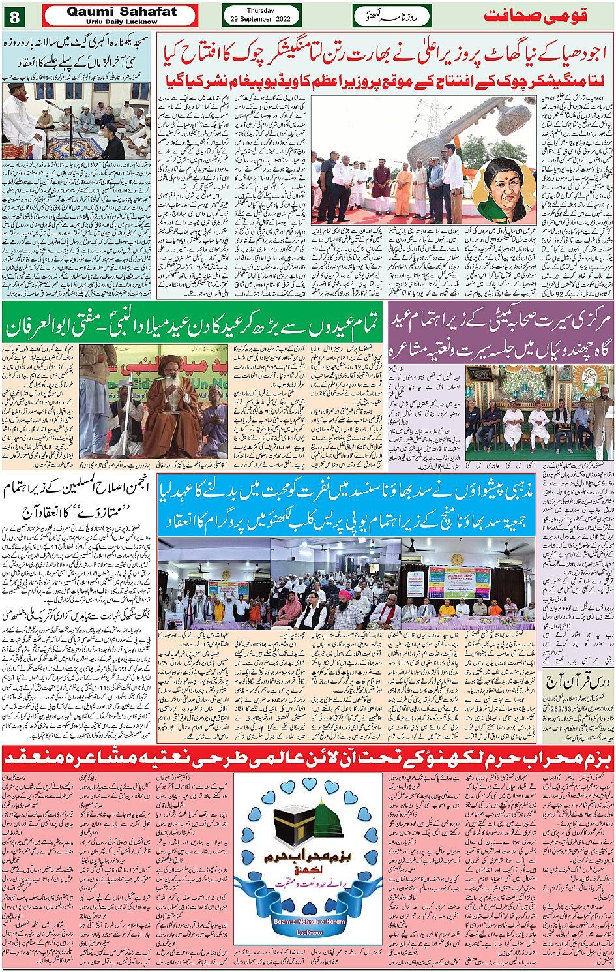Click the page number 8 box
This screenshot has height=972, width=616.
14,16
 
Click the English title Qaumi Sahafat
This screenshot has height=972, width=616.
121,12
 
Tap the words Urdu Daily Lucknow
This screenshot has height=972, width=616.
121,22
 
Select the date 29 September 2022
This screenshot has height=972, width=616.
261,20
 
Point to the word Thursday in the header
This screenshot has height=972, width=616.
261,11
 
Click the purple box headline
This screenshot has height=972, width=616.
501,332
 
